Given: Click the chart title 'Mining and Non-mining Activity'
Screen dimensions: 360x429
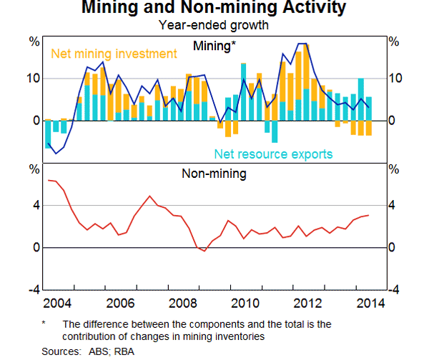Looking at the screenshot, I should tap(214, 9).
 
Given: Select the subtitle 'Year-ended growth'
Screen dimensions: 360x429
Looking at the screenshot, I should tap(214, 26).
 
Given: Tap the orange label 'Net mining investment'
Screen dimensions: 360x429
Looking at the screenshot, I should tap(113, 54).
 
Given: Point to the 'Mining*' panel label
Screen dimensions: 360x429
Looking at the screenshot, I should tap(215, 45).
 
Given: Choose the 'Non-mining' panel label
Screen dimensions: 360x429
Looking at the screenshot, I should tap(214, 173).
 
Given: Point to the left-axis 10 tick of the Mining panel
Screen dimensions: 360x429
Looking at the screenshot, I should tap(34, 78).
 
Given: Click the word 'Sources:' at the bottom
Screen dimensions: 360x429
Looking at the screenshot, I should tap(61, 351).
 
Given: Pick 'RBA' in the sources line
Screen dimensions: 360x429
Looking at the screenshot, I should tap(124, 351).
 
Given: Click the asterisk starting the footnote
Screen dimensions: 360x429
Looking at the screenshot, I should tap(44, 324).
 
